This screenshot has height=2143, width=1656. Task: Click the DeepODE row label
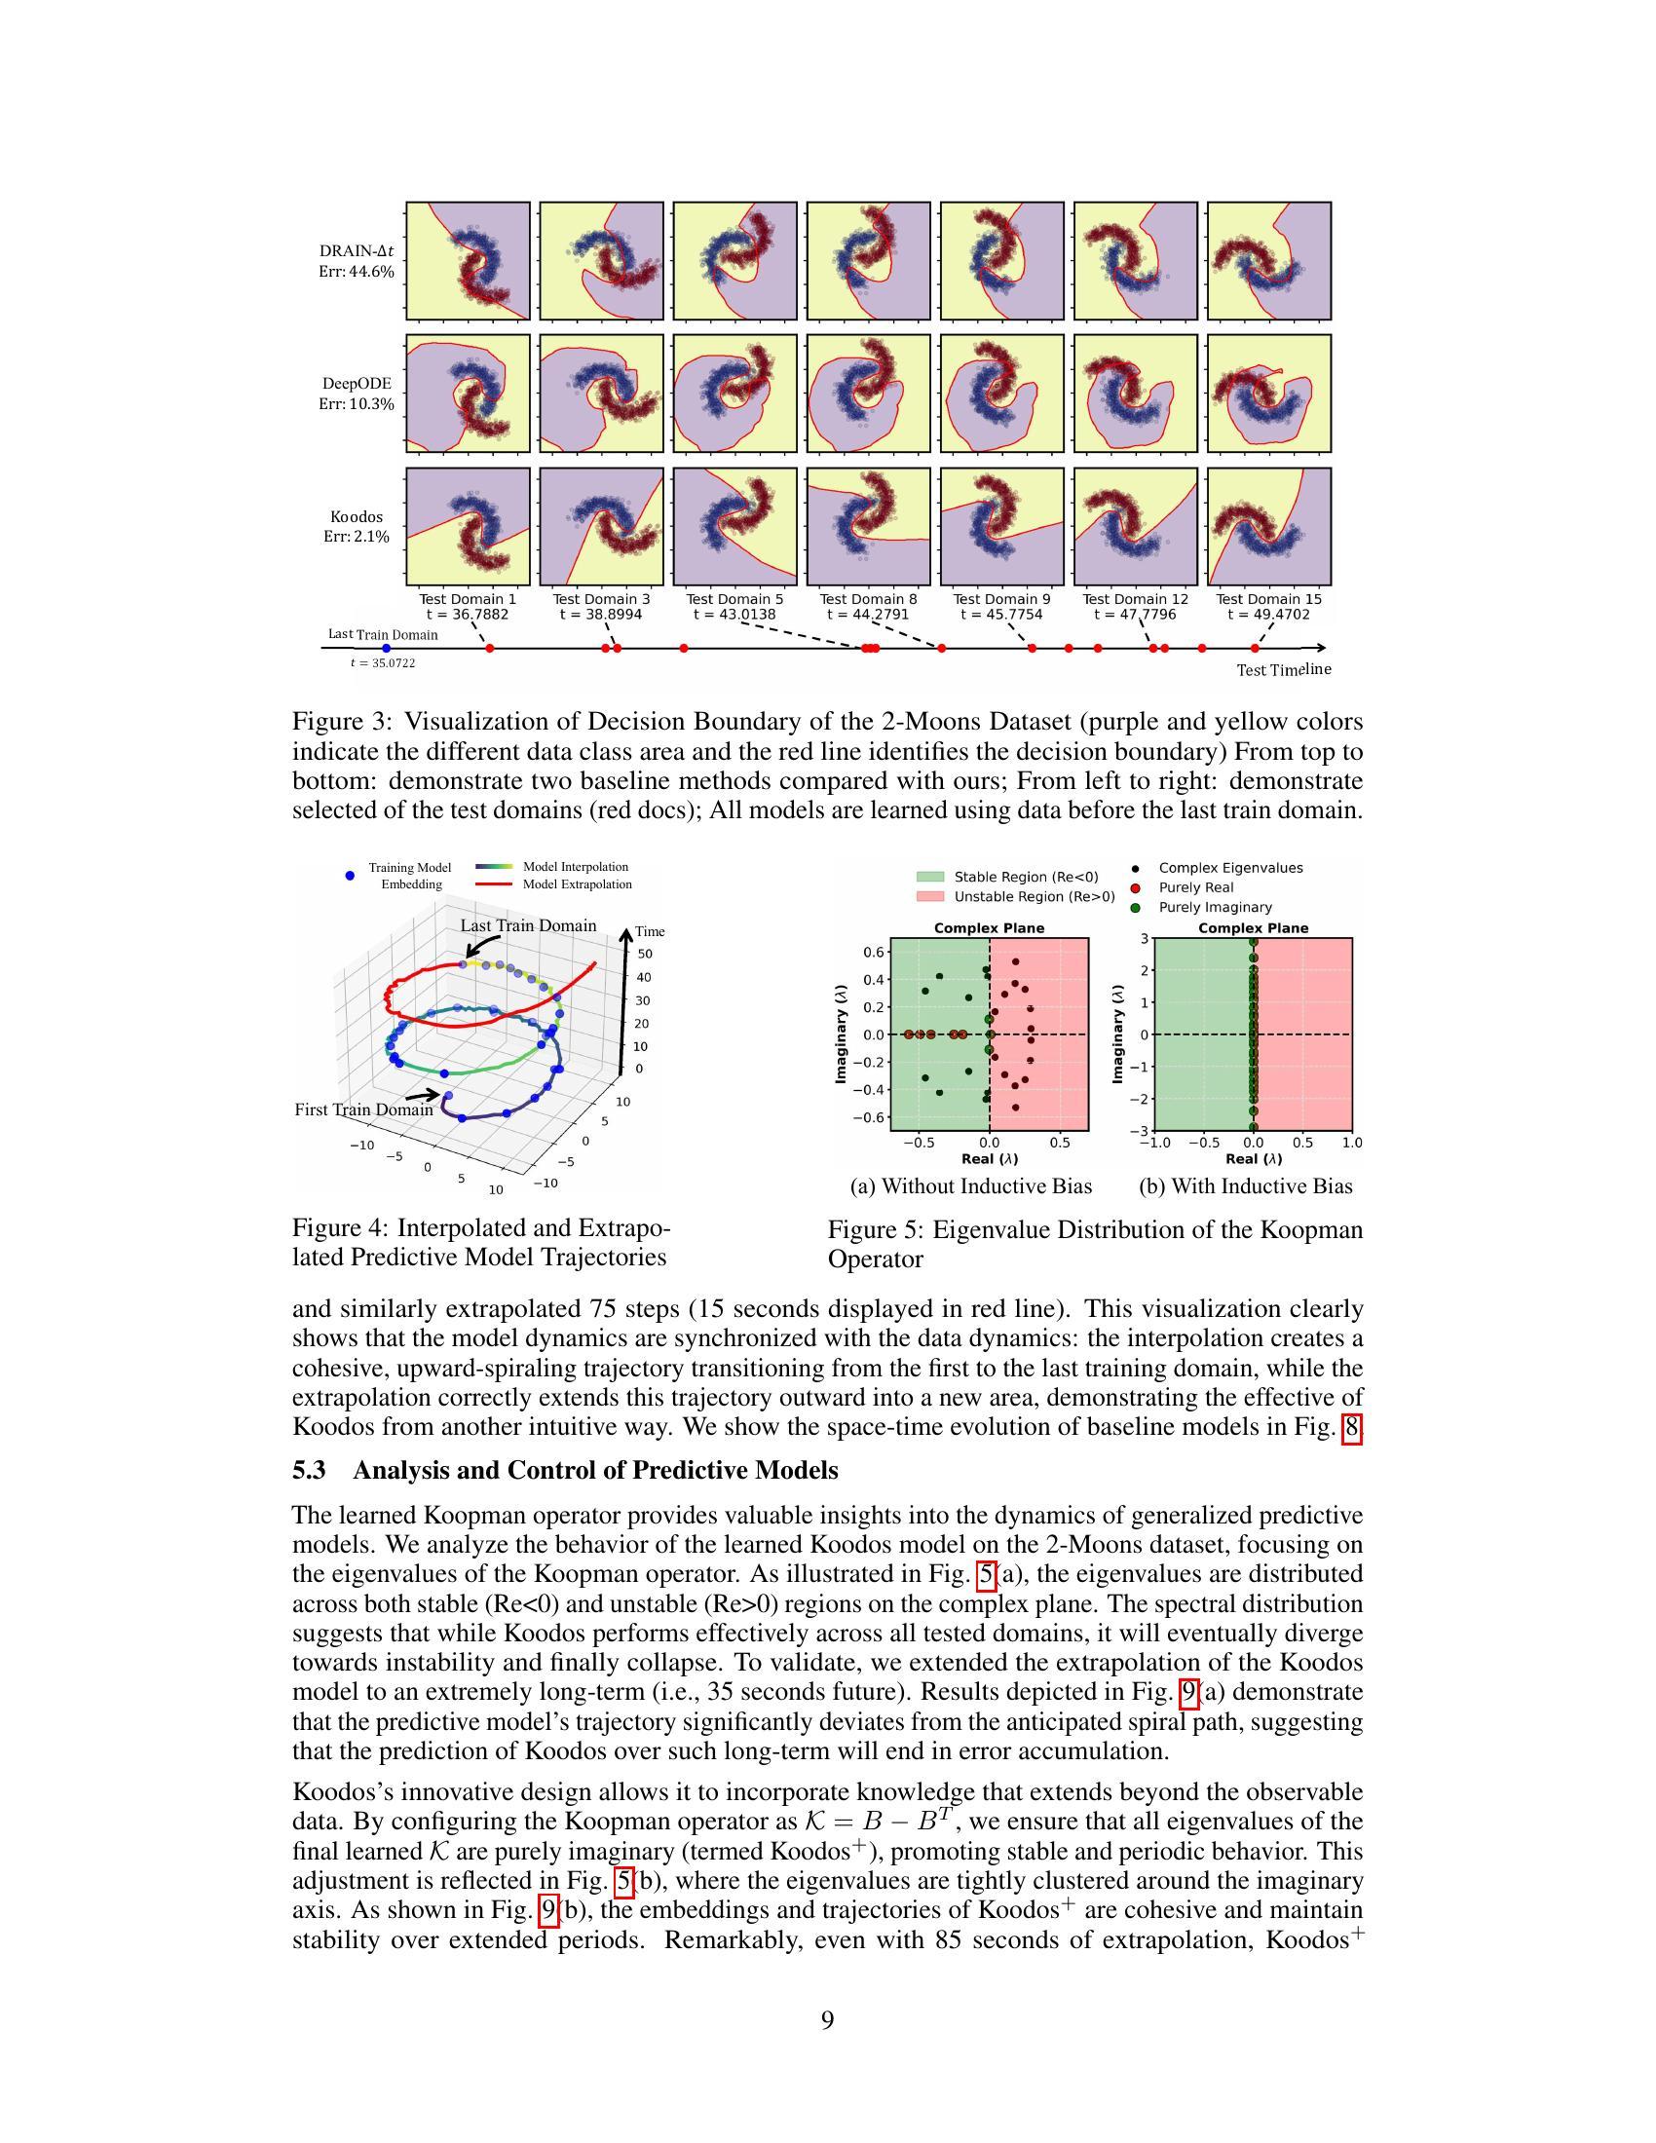click(x=358, y=384)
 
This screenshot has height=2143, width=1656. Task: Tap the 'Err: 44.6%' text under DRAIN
click(x=357, y=271)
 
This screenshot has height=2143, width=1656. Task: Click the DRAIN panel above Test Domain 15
click(x=1268, y=260)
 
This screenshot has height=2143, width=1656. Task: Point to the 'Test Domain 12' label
click(x=1135, y=598)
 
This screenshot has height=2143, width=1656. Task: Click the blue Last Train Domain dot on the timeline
click(x=386, y=649)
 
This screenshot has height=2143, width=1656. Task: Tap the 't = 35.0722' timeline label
click(x=383, y=663)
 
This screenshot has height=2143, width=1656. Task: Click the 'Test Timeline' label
click(x=1283, y=670)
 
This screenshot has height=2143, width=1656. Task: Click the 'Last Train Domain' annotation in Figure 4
click(x=528, y=925)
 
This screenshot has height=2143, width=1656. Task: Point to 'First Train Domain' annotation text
click(x=363, y=1109)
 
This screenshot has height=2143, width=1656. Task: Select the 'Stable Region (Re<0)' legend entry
click(x=1026, y=877)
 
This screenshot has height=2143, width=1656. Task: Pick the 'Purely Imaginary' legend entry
click(x=1215, y=908)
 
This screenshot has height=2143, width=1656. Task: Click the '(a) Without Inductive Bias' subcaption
click(x=970, y=1186)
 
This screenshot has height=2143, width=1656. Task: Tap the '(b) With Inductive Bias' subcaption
click(x=1245, y=1186)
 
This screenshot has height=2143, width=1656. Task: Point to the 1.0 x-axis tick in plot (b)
click(x=1352, y=1144)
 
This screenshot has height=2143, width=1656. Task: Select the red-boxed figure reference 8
click(x=1352, y=1427)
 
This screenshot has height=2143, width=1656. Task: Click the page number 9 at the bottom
click(x=827, y=2020)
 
